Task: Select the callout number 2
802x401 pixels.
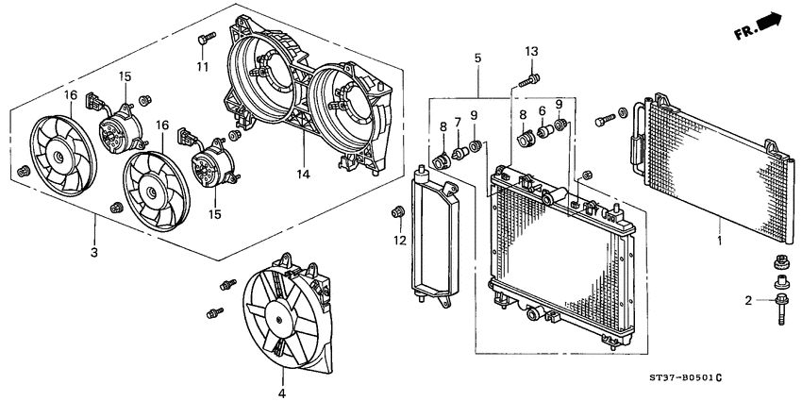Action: (747, 300)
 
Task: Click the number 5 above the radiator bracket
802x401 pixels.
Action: (478, 58)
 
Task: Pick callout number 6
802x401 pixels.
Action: (543, 110)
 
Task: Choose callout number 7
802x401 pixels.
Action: (459, 123)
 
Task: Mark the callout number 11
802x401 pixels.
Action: (200, 66)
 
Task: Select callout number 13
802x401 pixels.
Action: (531, 50)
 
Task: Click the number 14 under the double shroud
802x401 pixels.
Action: (303, 174)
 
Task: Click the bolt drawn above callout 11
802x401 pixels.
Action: (201, 39)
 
